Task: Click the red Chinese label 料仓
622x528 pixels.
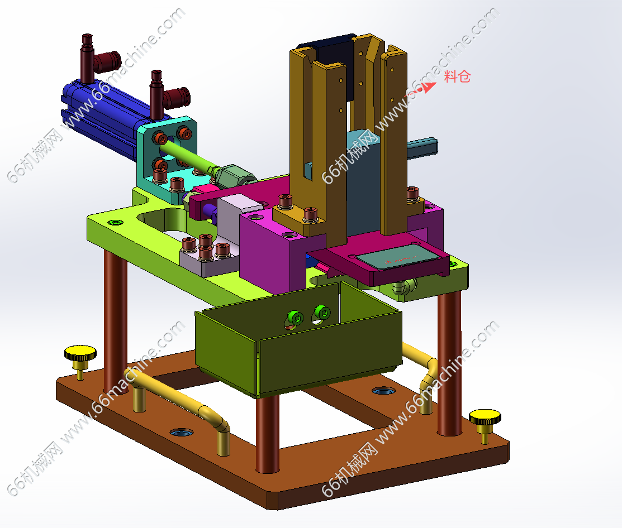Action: click(x=457, y=76)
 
